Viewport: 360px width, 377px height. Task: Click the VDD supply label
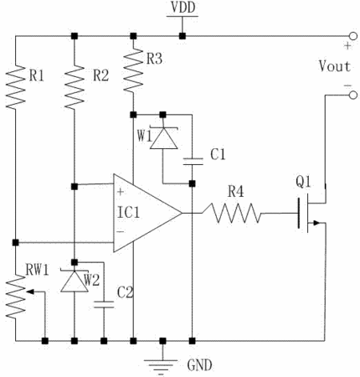pyautogui.click(x=183, y=8)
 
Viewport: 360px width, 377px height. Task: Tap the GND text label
pyautogui.click(x=199, y=365)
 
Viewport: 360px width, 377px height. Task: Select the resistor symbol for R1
pyautogui.click(x=16, y=87)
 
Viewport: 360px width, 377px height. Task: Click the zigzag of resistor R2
pyautogui.click(x=75, y=87)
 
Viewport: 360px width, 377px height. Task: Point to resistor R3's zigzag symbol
pyautogui.click(x=133, y=70)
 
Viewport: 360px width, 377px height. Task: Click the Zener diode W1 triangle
pyautogui.click(x=163, y=138)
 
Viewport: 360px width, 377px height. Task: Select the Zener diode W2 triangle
pyautogui.click(x=75, y=281)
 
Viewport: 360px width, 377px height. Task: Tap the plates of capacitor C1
pyautogui.click(x=193, y=161)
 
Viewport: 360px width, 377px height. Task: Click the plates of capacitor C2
pyautogui.click(x=104, y=304)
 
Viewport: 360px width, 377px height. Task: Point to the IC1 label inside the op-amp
pyautogui.click(x=128, y=212)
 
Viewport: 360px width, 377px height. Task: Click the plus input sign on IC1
pyautogui.click(x=121, y=192)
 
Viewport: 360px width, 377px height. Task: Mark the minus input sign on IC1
pyautogui.click(x=121, y=231)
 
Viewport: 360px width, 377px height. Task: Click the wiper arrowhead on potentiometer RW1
pyautogui.click(x=30, y=292)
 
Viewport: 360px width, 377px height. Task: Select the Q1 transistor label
pyautogui.click(x=303, y=183)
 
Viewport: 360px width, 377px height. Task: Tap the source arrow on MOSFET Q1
pyautogui.click(x=316, y=223)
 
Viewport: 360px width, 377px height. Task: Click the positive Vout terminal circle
pyautogui.click(x=353, y=36)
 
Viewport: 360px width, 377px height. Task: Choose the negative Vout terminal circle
pyautogui.click(x=353, y=96)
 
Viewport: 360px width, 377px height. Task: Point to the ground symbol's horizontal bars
pyautogui.click(x=162, y=366)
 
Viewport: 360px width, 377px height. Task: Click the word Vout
pyautogui.click(x=335, y=66)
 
